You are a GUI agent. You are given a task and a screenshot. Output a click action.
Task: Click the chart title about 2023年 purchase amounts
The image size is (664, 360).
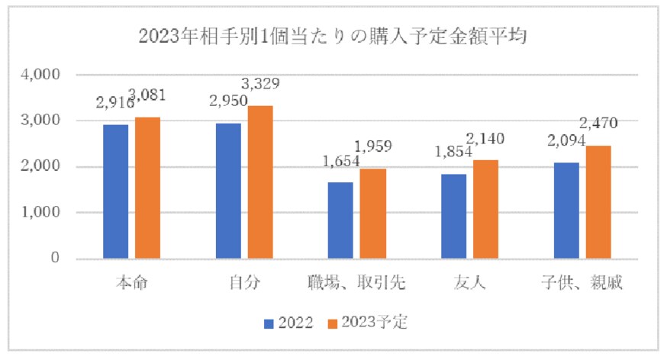point(333,36)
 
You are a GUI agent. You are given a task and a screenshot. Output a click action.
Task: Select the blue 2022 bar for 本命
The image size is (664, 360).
point(116,191)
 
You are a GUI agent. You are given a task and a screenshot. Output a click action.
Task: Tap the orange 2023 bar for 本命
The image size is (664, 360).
point(148,188)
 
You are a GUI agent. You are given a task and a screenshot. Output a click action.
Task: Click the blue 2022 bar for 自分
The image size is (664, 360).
point(228,191)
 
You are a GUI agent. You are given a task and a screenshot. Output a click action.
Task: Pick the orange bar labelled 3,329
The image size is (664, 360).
point(260,182)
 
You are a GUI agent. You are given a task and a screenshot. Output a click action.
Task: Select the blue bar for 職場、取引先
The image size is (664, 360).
point(340,220)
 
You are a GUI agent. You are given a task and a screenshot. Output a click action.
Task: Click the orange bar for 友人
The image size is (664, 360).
point(485,209)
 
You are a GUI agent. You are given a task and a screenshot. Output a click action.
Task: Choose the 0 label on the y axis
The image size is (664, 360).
point(55,259)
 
